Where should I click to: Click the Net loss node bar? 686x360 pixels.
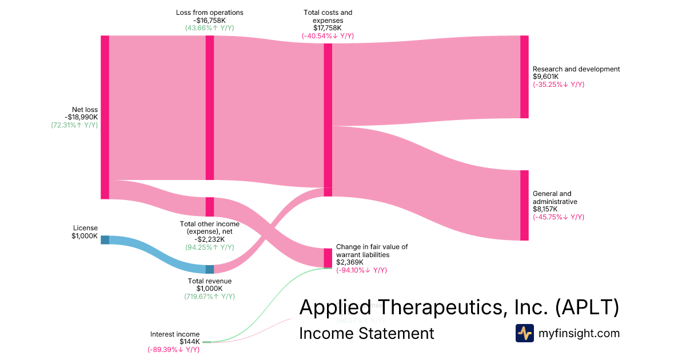[105, 117]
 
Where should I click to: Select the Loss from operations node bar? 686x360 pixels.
[210, 107]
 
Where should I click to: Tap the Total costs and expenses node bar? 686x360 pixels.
[328, 120]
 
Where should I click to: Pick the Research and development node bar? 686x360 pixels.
[524, 77]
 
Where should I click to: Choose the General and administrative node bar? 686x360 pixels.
[524, 205]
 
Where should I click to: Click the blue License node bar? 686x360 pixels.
[105, 239]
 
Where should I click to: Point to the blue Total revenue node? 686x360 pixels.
[210, 269]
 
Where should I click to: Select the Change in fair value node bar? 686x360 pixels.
[328, 258]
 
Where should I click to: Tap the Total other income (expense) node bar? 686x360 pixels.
[210, 207]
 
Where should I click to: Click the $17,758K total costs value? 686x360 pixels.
[328, 27]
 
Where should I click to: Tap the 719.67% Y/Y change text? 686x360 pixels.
[209, 297]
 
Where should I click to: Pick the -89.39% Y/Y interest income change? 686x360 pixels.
[173, 349]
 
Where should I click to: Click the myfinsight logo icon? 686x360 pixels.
[525, 333]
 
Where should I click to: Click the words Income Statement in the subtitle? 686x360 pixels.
[366, 333]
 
